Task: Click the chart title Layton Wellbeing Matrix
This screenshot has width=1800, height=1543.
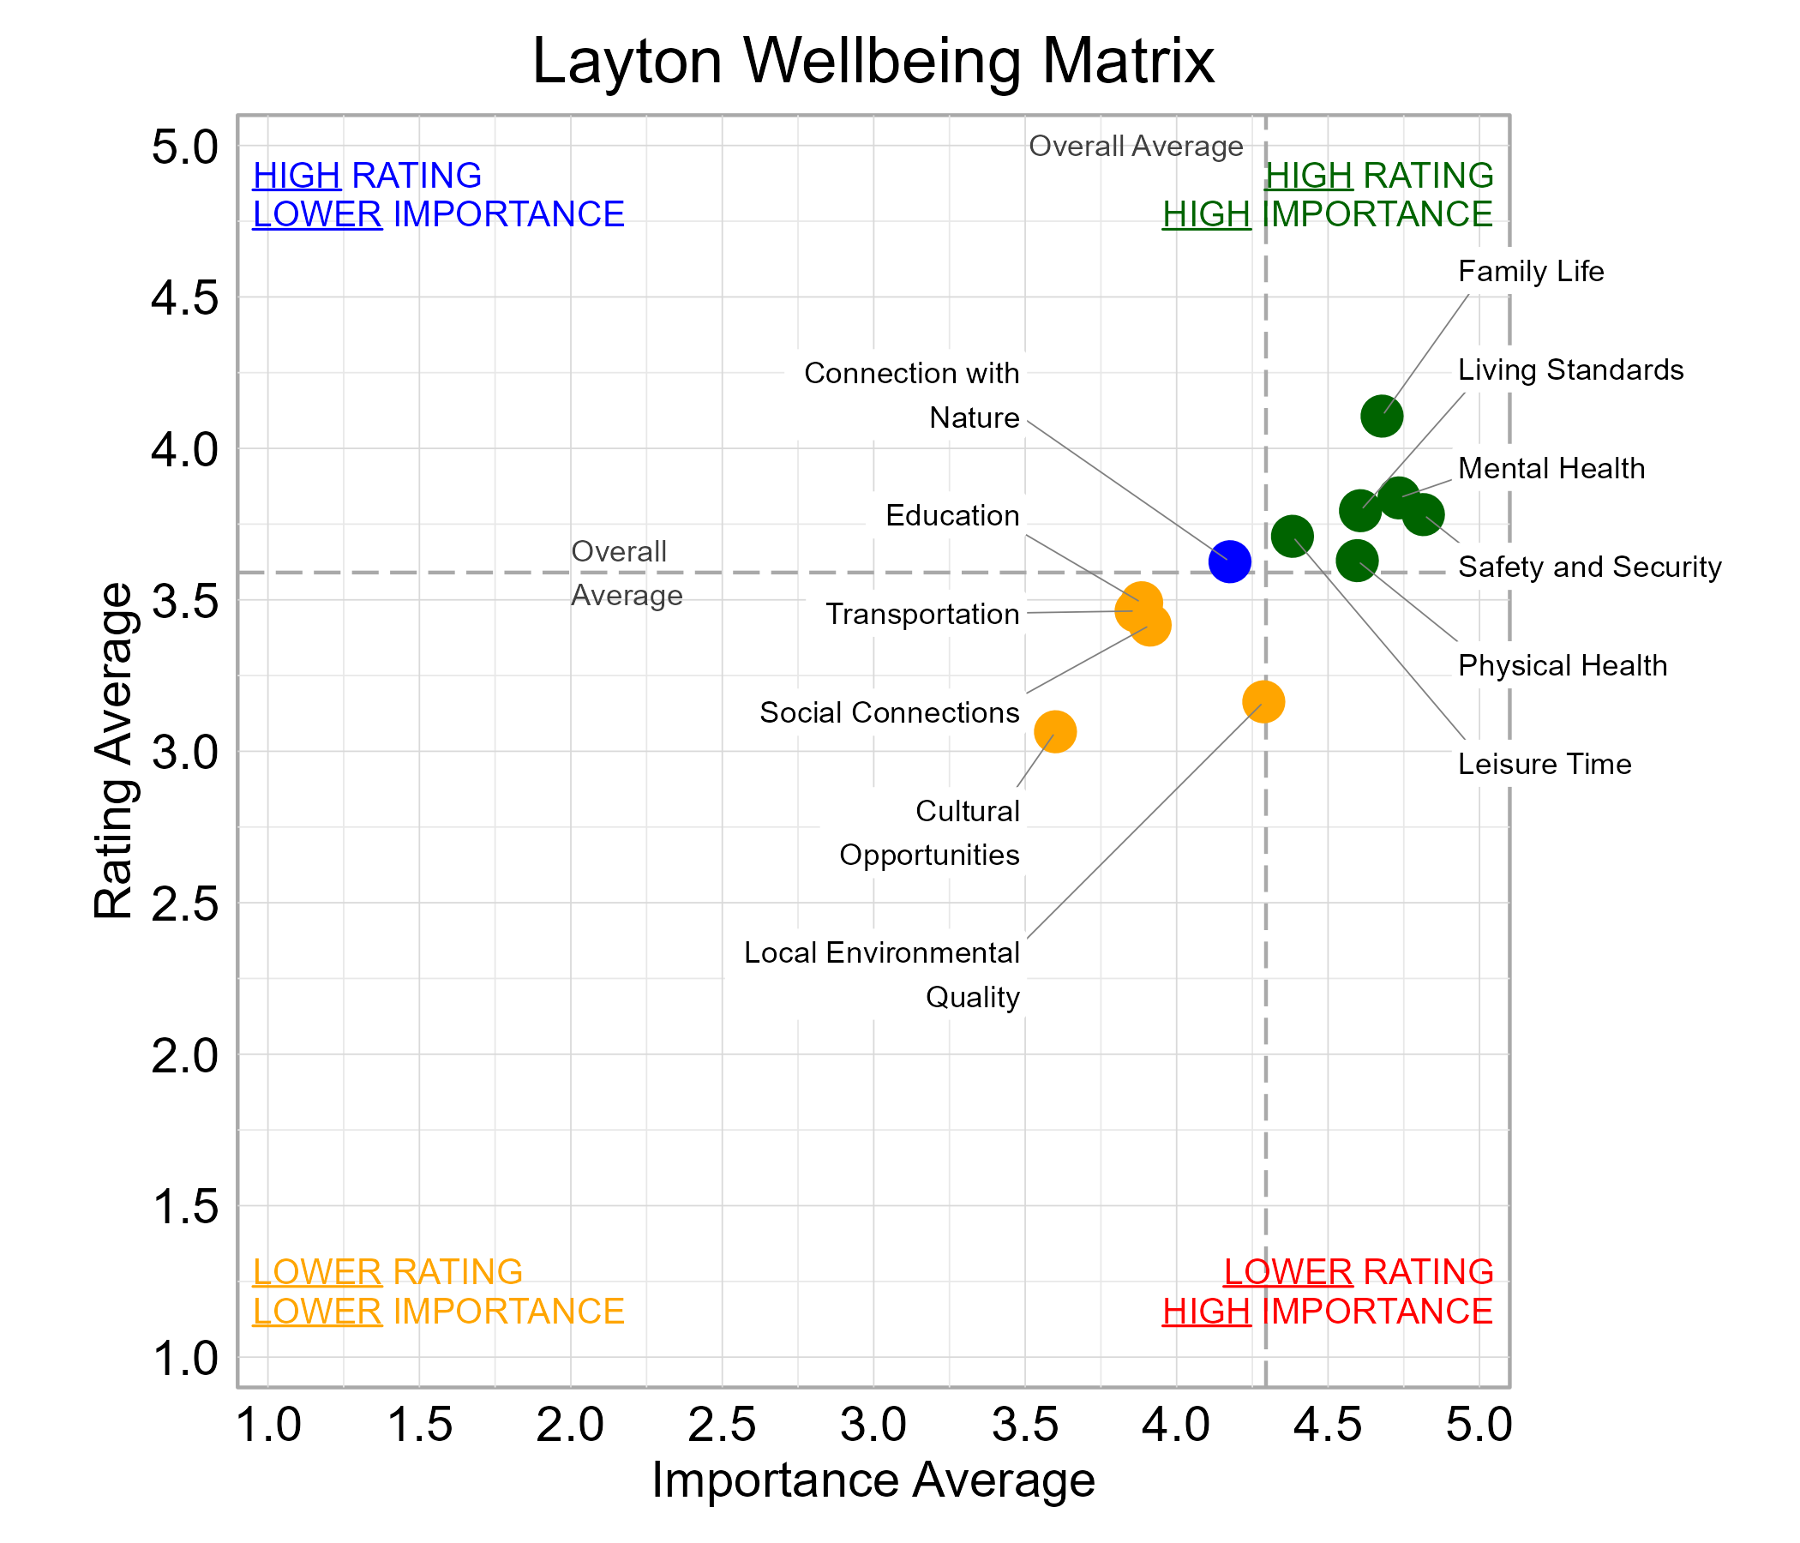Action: point(873,62)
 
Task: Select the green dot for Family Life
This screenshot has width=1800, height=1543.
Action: point(1381,416)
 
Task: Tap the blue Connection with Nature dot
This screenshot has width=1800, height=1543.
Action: point(1229,561)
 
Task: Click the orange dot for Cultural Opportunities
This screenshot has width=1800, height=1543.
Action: point(1054,731)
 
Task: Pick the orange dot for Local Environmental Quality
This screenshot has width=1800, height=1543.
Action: point(1263,701)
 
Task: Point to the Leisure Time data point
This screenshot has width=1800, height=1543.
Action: point(1292,536)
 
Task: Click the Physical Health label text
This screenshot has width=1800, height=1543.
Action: point(1562,665)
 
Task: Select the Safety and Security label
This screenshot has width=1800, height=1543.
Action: point(1589,567)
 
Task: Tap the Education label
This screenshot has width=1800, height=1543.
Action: point(952,515)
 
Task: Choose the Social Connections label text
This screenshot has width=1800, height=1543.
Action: point(889,712)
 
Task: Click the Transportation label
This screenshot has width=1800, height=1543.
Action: point(921,615)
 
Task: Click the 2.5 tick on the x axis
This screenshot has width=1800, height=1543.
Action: point(721,1426)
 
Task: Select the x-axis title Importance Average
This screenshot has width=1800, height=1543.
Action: point(873,1480)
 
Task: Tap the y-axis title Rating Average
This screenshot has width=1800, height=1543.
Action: point(114,751)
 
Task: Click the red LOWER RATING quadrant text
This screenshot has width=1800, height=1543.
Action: point(1358,1272)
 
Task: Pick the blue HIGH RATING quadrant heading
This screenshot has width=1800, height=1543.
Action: point(367,176)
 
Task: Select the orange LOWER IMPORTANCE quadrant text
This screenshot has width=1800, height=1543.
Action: point(438,1311)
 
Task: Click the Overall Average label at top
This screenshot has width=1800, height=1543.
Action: point(1136,146)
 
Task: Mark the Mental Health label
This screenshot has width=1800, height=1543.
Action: point(1551,468)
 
